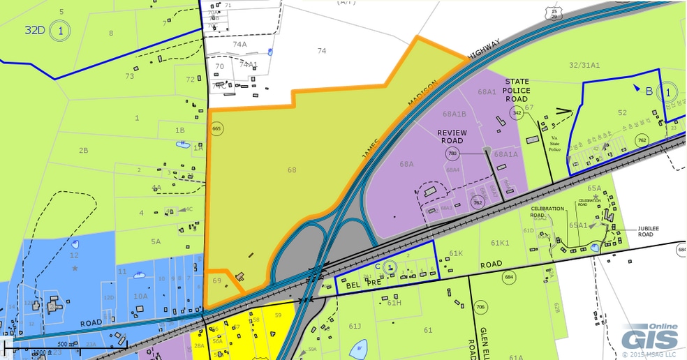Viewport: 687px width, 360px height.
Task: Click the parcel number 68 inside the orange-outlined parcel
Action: click(x=292, y=170)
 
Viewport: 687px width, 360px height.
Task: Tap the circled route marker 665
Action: click(x=216, y=129)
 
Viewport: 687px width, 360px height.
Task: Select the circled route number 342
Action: click(x=517, y=112)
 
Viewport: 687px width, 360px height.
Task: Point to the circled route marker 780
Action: click(x=452, y=153)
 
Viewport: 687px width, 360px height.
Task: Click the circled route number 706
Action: click(x=480, y=307)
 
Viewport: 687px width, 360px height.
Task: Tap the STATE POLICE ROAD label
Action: click(x=517, y=90)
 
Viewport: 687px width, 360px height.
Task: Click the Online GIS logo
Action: click(x=651, y=338)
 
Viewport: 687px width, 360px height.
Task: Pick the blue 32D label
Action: click(x=35, y=30)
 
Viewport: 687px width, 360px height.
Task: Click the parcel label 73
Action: click(x=130, y=76)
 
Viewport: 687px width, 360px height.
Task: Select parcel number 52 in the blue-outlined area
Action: click(x=622, y=112)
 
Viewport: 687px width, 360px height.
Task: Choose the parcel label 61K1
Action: click(x=500, y=243)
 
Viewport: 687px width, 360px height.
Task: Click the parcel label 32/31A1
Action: click(x=584, y=65)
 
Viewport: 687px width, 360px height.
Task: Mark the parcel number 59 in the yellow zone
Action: click(x=278, y=315)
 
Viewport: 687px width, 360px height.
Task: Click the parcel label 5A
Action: click(x=155, y=241)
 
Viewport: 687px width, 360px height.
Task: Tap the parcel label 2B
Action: click(x=83, y=150)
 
